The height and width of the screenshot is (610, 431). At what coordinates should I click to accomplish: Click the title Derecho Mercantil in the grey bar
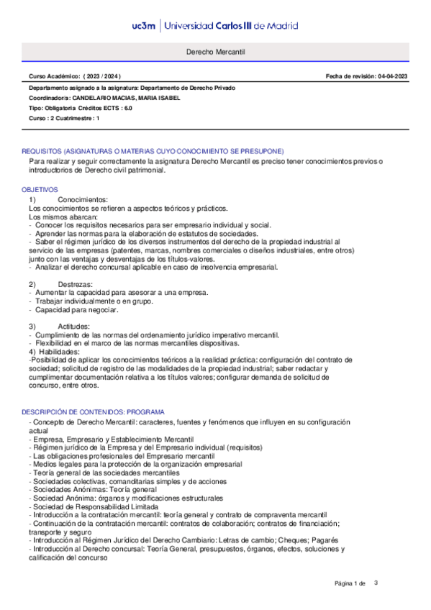[x=215, y=53]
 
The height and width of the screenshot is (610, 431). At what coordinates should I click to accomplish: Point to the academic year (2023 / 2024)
[x=102, y=76]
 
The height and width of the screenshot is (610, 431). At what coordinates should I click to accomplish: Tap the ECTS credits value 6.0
[x=127, y=107]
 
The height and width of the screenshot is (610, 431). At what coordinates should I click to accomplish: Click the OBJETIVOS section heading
[x=40, y=189]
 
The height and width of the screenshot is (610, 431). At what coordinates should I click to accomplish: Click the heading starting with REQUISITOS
[x=153, y=151]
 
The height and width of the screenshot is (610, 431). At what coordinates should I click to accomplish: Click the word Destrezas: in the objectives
[x=78, y=284]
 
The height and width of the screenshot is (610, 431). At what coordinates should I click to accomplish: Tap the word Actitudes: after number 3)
[x=78, y=326]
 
